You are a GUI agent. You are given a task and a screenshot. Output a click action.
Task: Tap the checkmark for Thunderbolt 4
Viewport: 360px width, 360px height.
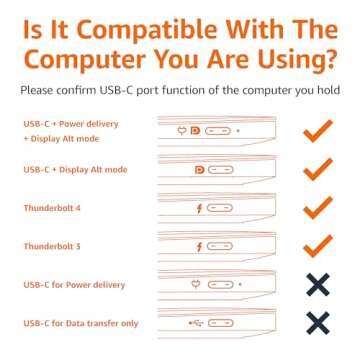(317, 208)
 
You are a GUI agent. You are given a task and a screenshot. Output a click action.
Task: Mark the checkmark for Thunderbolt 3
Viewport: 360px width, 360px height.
(317, 246)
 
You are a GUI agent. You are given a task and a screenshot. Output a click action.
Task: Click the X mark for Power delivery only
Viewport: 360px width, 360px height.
(317, 285)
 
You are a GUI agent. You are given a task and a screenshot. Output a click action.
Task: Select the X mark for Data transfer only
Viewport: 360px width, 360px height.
(317, 322)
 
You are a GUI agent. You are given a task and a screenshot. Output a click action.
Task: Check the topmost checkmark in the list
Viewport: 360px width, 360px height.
(317, 131)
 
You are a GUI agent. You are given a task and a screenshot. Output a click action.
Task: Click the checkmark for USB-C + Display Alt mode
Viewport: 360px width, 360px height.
(317, 170)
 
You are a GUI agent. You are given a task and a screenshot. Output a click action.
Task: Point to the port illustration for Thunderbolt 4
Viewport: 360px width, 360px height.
(215, 209)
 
